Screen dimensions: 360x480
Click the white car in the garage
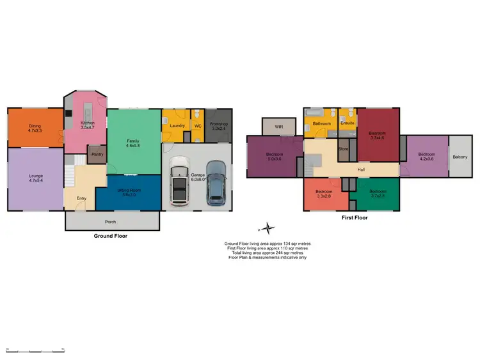click(179, 186)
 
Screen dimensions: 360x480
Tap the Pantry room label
click(97, 154)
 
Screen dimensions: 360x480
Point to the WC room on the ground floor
click(198, 125)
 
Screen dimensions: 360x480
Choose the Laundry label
click(177, 125)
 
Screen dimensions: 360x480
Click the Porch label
click(112, 223)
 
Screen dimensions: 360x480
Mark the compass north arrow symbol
click(268, 228)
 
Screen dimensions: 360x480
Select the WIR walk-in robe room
click(279, 127)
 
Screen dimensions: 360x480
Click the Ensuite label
click(348, 123)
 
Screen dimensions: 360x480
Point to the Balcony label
click(460, 157)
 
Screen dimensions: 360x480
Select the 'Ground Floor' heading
click(111, 236)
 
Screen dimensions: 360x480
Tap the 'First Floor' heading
click(354, 217)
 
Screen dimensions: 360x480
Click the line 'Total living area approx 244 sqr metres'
click(268, 253)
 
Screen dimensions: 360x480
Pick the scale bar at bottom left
click(35, 351)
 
